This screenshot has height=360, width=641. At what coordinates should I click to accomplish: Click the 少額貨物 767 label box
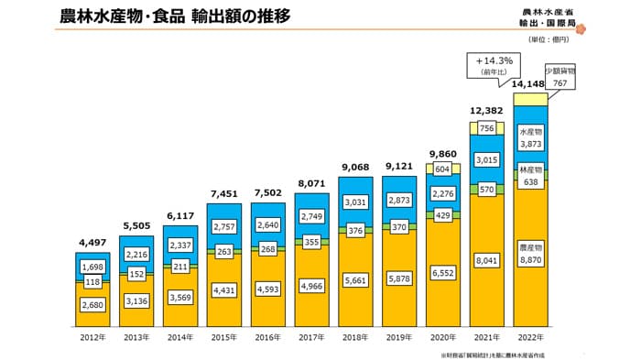pos(560,76)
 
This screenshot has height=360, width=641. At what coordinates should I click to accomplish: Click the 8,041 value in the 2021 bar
pos(486,261)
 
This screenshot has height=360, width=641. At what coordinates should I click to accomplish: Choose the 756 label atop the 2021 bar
pos(486,128)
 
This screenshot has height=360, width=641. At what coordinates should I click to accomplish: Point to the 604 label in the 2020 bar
pos(442,169)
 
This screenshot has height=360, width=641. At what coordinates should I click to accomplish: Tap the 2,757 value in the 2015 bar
pos(223,225)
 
